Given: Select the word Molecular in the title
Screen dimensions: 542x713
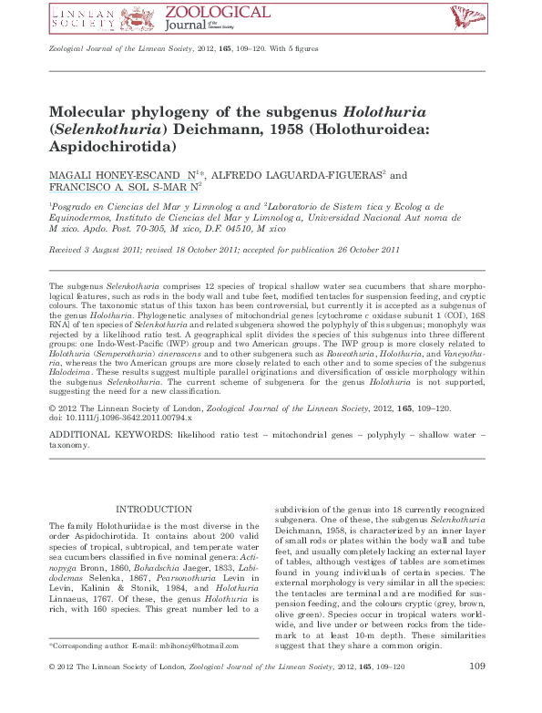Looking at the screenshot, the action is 94,112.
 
